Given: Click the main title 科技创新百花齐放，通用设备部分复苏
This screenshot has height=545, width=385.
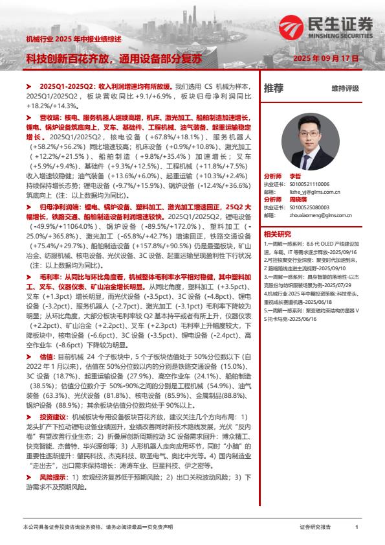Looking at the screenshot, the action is (x=113, y=58).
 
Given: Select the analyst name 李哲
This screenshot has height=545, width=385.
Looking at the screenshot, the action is (x=295, y=176).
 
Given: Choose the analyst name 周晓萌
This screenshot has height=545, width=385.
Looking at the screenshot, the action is (x=299, y=200).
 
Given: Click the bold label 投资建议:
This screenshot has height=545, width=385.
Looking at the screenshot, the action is (x=54, y=415).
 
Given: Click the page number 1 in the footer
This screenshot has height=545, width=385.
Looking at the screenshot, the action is (x=357, y=528).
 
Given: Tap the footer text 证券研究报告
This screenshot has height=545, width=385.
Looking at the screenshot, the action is (x=315, y=528).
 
